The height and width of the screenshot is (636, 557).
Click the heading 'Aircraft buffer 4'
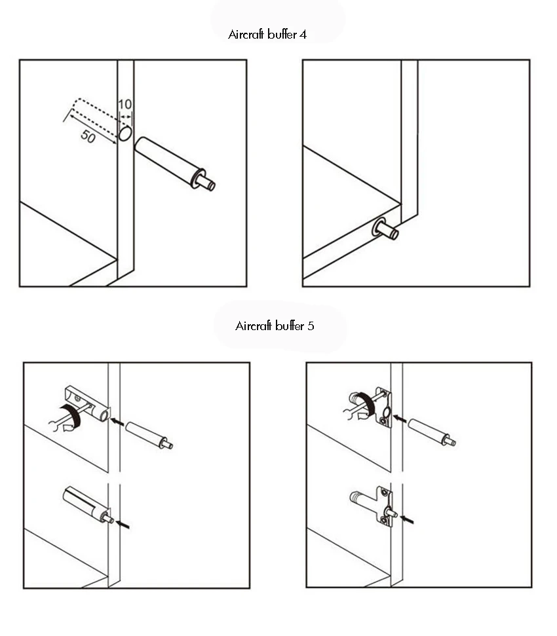pos(267,35)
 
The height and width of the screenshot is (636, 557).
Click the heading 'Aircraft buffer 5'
pos(275,326)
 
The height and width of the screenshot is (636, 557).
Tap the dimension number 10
pos(125,105)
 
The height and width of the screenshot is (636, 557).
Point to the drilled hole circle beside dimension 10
pos(125,134)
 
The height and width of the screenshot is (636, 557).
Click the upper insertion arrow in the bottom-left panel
pos(117,422)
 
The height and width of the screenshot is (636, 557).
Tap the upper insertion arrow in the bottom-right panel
pos(400,418)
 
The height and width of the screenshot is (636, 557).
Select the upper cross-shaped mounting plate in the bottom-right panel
pos(383,408)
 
